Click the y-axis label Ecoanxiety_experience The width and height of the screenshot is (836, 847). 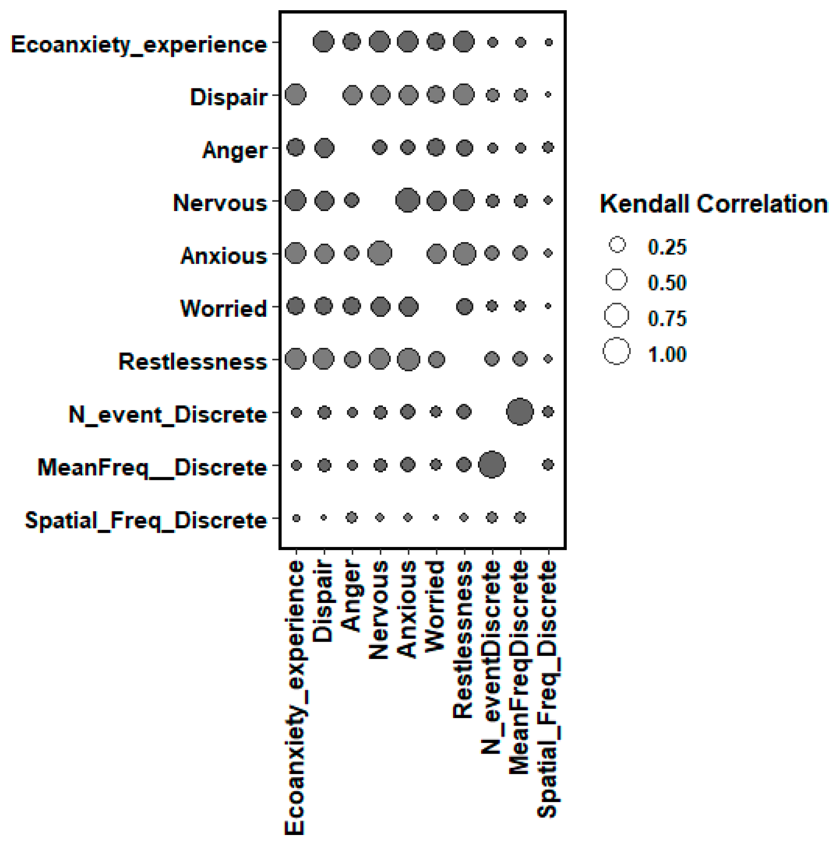tap(139, 45)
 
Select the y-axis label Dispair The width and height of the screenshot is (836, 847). tap(229, 97)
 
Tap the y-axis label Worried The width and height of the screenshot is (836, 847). tap(223, 308)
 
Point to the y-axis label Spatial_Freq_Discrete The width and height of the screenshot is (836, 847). tap(146, 520)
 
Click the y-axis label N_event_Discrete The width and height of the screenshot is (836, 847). tap(167, 415)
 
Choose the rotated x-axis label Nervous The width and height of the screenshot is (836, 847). tap(379, 610)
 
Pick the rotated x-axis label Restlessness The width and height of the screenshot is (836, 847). tap(463, 639)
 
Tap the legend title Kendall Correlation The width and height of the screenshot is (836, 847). tap(714, 204)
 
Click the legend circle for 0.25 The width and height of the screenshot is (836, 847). tap(617, 244)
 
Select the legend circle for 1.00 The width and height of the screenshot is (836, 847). tap(617, 352)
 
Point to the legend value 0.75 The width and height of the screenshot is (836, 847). tap(667, 319)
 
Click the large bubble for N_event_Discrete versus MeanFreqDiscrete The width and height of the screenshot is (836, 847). tap(520, 412)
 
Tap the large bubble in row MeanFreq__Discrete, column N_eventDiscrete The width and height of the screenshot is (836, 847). tap(492, 465)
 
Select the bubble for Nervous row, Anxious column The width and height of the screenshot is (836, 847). tap(408, 200)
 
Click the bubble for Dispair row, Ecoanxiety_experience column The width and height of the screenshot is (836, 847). tap(295, 95)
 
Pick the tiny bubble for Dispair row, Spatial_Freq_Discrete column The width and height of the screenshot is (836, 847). tap(548, 95)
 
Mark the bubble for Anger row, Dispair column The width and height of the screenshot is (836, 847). tap(324, 148)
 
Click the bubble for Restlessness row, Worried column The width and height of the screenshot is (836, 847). tap(436, 359)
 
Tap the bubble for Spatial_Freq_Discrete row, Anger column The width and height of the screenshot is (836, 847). tap(352, 517)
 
